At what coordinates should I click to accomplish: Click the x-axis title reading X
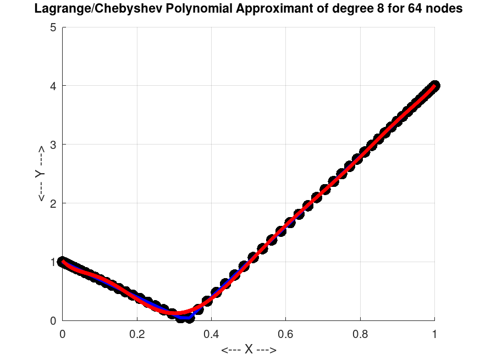click(249, 350)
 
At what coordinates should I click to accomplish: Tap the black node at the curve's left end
click(63, 262)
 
